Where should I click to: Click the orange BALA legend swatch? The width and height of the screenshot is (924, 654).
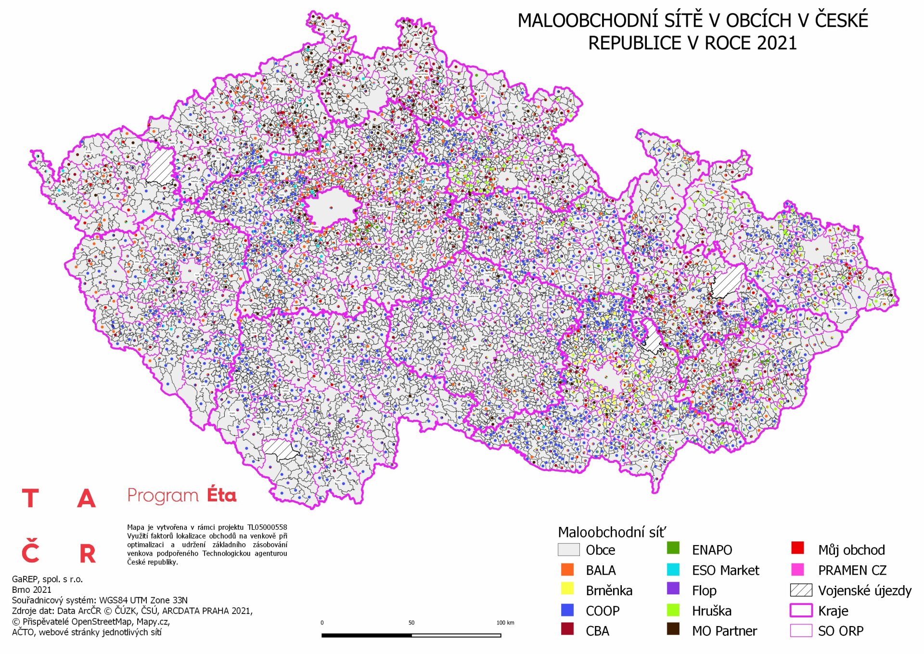click(x=567, y=569)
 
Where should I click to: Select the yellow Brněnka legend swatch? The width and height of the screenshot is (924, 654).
click(x=567, y=589)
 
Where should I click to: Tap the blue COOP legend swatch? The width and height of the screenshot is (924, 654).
click(x=567, y=610)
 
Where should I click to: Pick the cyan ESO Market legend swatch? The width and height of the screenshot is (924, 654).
click(x=673, y=569)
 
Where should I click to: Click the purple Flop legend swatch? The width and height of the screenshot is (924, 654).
click(x=673, y=589)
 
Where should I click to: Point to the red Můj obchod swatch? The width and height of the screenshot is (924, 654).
click(x=797, y=549)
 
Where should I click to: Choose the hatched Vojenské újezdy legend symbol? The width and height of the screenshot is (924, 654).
click(x=801, y=590)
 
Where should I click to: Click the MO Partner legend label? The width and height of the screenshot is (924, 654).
click(x=724, y=631)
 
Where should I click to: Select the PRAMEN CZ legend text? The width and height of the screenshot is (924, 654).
click(x=852, y=570)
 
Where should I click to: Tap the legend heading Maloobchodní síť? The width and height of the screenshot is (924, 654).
click(x=612, y=532)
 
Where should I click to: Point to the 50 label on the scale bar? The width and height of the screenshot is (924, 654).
click(x=411, y=623)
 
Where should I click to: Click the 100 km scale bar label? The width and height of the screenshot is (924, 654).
click(x=505, y=623)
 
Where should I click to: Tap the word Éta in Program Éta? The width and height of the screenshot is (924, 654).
click(x=221, y=495)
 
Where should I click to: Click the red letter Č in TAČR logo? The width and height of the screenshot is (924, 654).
click(x=30, y=552)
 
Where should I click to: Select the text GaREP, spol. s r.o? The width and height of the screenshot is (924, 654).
click(x=47, y=579)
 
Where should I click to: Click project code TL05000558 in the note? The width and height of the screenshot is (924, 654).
click(x=267, y=527)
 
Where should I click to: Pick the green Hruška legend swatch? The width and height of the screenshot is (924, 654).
click(x=673, y=610)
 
